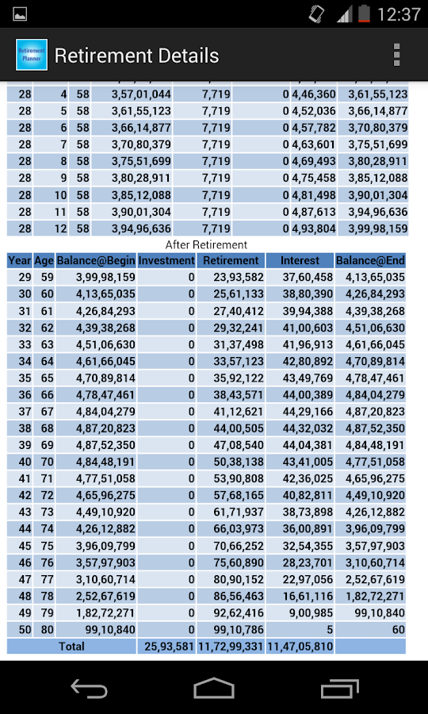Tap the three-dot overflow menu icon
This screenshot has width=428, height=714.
pos(397,55)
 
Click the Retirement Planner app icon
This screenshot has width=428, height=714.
pos(32,55)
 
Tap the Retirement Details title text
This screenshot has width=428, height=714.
pos(136,56)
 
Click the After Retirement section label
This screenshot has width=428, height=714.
pos(206,244)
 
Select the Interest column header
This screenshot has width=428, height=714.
pos(300,260)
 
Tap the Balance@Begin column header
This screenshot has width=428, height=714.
pos(96,260)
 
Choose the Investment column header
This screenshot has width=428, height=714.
pos(166,260)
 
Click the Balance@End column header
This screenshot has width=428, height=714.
pos(370,260)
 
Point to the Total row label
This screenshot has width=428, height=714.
pos(71,647)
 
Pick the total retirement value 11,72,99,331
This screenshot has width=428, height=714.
pos(231,647)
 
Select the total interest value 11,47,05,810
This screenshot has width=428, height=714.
pos(300,647)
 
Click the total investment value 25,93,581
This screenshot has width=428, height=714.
pos(166,647)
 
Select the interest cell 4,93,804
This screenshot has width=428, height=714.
pos(314,228)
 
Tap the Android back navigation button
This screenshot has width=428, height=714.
pos(89,688)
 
